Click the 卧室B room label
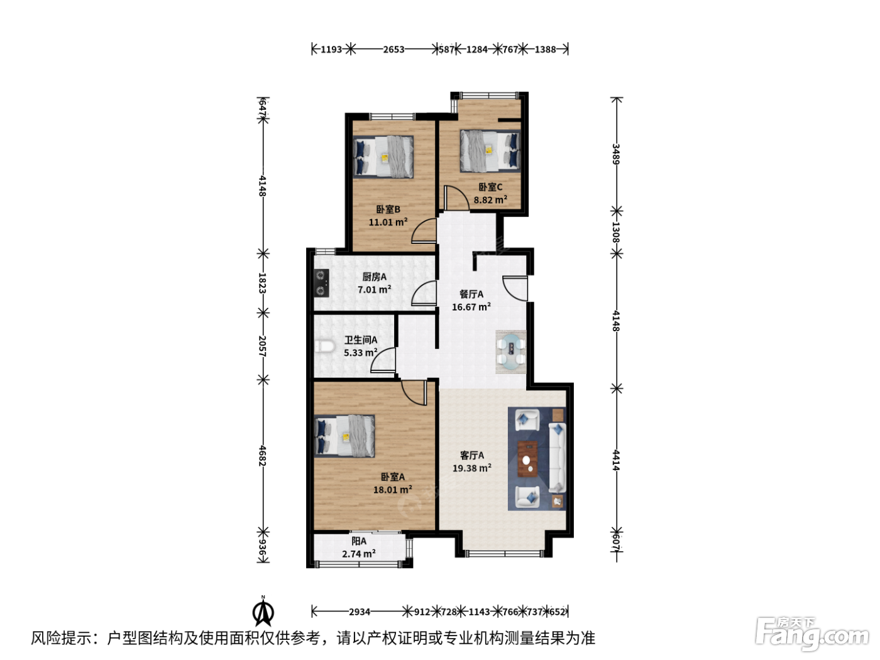(388, 209)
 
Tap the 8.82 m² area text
(490, 199)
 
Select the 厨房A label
(375, 277)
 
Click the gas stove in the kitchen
(321, 283)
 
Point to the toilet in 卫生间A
(325, 346)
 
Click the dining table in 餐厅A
(511, 352)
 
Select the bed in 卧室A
(345, 436)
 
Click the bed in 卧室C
(490, 151)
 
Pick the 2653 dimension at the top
(393, 49)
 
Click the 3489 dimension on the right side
(616, 154)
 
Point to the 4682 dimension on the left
(263, 456)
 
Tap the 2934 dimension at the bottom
(359, 612)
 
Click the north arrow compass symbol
(263, 612)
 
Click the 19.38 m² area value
(472, 468)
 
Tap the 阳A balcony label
(359, 541)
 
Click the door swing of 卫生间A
(383, 360)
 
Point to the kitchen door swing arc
(424, 293)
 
